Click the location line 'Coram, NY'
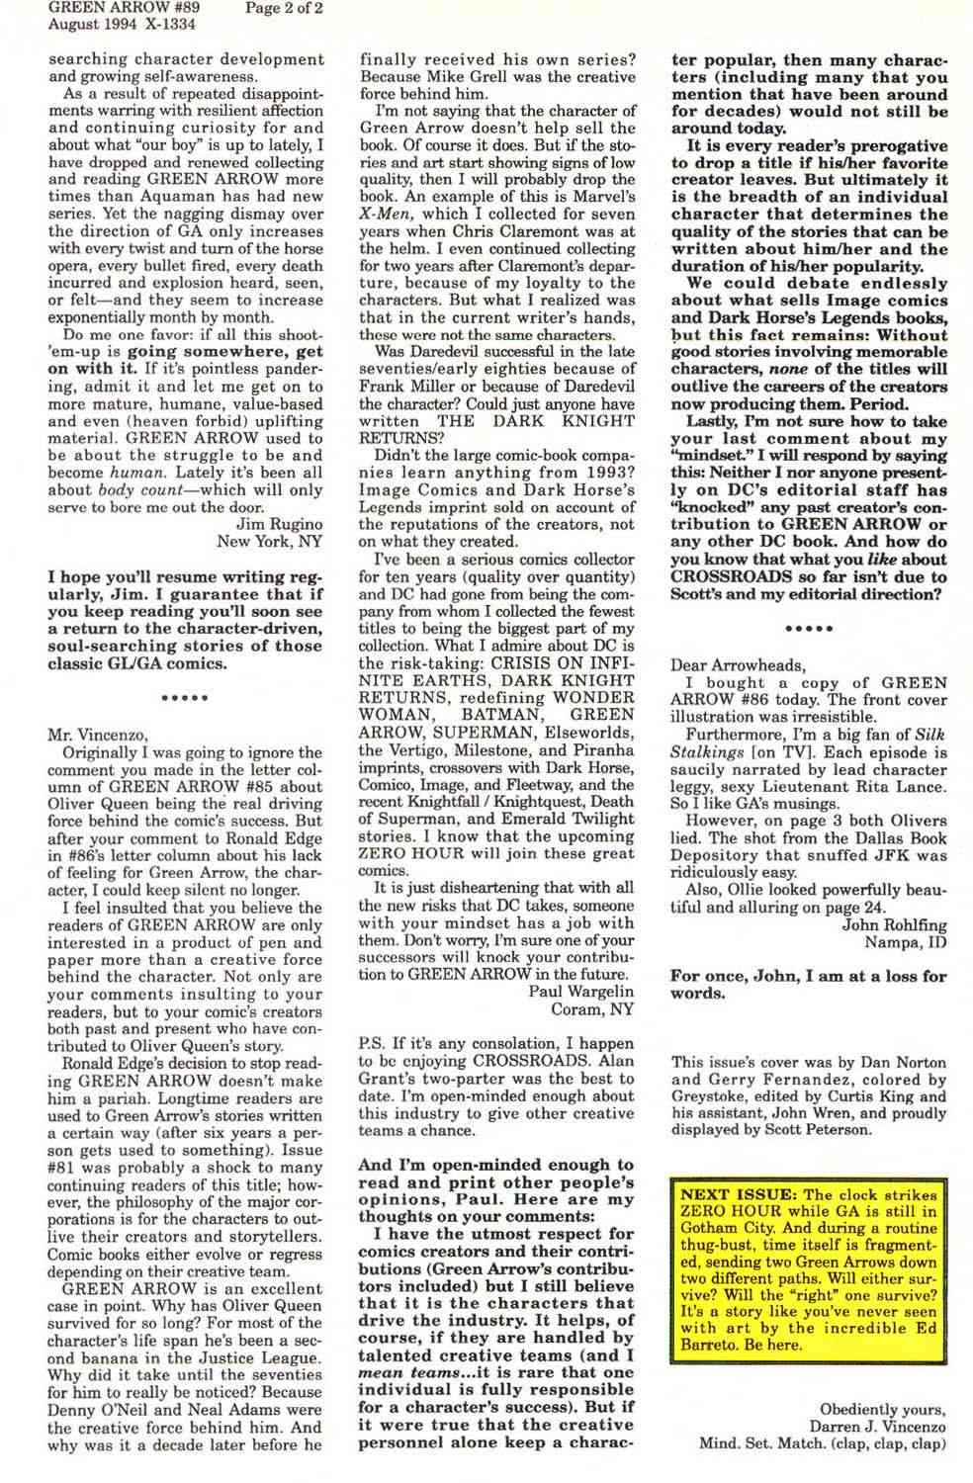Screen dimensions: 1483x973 point(593,1008)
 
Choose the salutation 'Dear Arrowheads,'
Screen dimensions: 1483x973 point(737,664)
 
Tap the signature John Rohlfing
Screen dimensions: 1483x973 point(894,925)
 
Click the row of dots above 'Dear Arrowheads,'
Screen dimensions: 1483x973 point(809,628)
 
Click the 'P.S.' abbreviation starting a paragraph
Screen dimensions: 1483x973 point(372,1044)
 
